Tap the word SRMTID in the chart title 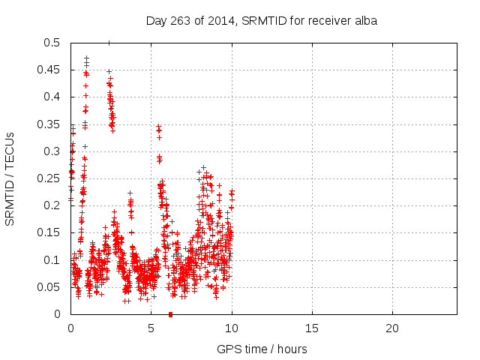(258, 21)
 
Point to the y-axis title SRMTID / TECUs (10, 178)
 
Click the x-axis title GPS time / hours (262, 349)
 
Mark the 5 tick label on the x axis (151, 328)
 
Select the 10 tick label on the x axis (231, 328)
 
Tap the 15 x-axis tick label (312, 328)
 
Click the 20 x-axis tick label (392, 328)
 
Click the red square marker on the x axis (171, 314)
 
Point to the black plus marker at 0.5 (109, 43)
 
